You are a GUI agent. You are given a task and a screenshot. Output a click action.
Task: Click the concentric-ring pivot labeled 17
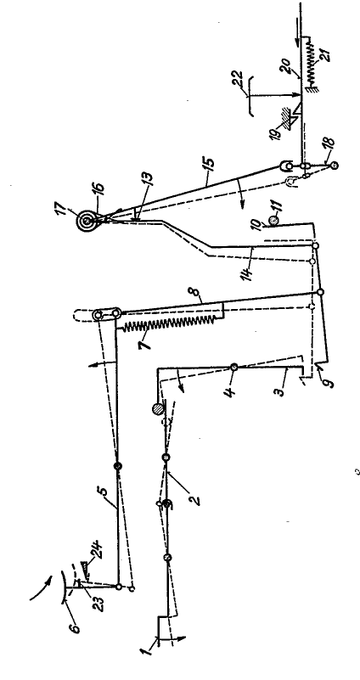(x=87, y=222)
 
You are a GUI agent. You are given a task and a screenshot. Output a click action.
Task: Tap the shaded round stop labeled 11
(x=273, y=221)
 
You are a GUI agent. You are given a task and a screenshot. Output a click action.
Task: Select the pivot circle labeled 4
(x=233, y=367)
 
